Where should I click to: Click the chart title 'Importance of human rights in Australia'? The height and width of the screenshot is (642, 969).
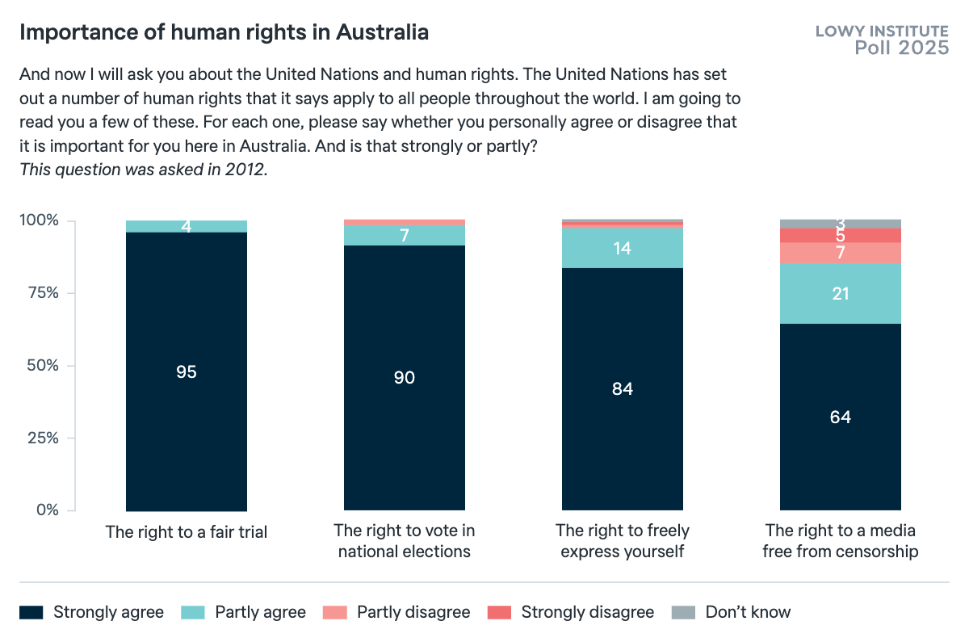tap(224, 33)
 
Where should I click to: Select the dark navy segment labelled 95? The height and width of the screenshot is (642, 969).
tap(187, 371)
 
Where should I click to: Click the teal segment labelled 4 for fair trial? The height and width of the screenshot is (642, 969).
tap(187, 226)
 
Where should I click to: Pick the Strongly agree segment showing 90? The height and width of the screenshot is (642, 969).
tap(405, 377)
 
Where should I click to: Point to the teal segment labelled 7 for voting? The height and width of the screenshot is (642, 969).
tap(405, 235)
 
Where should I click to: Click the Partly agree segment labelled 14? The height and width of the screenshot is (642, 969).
tap(623, 248)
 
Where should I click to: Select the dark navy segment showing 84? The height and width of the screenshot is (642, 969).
tap(623, 388)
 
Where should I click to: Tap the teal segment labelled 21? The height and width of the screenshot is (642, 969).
tap(840, 293)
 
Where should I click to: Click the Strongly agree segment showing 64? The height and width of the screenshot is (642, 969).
tap(840, 417)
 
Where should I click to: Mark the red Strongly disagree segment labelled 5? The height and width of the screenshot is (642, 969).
tap(840, 235)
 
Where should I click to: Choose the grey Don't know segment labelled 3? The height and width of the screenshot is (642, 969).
tap(840, 224)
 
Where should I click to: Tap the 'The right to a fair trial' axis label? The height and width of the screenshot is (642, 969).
tap(187, 532)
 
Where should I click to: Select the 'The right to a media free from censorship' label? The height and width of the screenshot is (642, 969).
tap(840, 541)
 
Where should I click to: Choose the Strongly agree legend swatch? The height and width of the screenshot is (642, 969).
tap(31, 612)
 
